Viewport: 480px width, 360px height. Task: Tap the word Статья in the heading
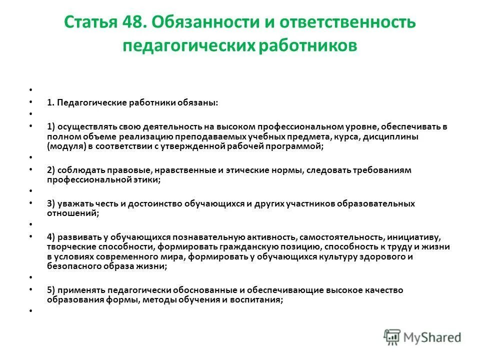(88, 23)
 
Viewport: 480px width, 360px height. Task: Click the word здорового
(386, 257)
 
